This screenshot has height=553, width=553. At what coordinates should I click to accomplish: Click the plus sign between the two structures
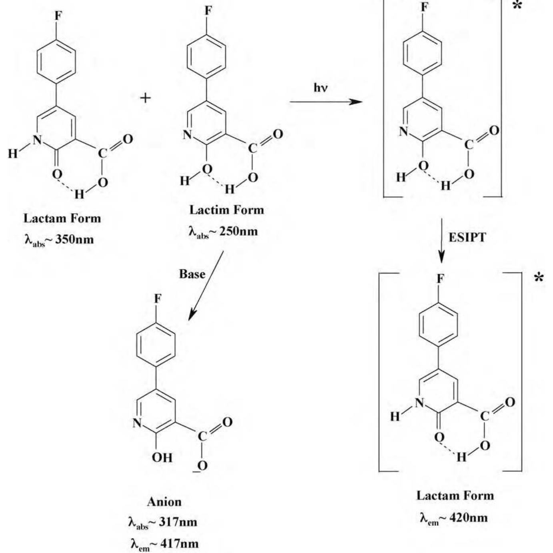146,98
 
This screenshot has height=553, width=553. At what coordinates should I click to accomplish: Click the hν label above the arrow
320,88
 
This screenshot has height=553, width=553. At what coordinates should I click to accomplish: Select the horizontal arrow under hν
326,102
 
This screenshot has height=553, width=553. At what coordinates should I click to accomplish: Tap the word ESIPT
467,237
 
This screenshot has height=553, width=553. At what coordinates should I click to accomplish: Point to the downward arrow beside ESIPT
441,240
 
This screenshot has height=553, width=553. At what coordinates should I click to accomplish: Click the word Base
192,274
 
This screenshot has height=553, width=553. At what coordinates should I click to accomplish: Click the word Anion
164,502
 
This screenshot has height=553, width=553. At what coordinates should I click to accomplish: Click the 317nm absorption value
178,522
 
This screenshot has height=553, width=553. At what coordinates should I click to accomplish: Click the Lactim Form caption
226,210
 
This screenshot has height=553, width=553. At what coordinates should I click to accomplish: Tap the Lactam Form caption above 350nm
62,218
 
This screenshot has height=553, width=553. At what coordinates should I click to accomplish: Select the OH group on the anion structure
162,457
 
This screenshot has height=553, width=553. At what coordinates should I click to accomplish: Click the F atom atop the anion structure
158,299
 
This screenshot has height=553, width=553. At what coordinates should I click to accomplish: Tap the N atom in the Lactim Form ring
187,134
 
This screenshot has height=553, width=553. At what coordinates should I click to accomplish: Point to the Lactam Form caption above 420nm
455,496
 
